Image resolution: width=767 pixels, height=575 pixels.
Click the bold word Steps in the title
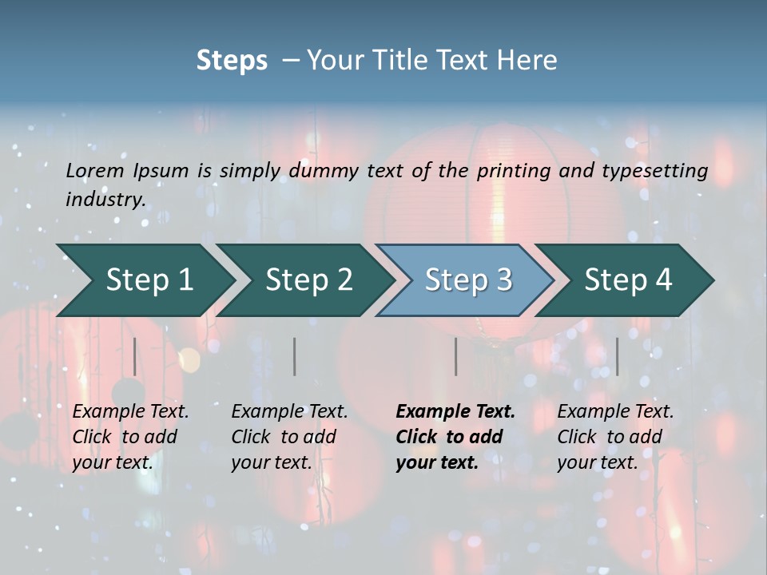(232, 61)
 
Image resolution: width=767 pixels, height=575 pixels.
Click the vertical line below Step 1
(135, 356)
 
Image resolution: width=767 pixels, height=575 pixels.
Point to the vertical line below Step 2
(295, 356)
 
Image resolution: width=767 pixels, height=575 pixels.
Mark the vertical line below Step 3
(456, 356)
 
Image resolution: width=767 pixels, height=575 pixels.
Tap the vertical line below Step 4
(618, 356)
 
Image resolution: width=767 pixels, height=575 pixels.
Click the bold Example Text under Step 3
(455, 412)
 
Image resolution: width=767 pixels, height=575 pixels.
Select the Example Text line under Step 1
(130, 412)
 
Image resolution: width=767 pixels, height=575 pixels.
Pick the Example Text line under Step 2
(289, 412)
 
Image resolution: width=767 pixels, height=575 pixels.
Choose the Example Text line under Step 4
(615, 412)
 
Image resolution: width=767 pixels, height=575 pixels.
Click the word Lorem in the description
(95, 171)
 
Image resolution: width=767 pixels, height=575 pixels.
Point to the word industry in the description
(105, 200)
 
